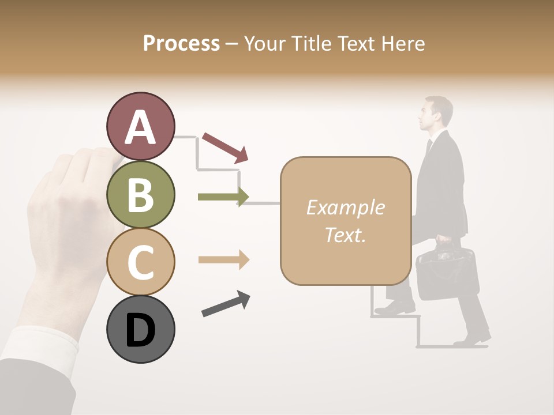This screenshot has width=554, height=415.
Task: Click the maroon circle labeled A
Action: pyautogui.click(x=140, y=127)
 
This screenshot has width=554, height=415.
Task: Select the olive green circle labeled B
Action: pyautogui.click(x=140, y=195)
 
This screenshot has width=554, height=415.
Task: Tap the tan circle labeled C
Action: pyautogui.click(x=140, y=262)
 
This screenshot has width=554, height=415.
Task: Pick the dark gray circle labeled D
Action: pyautogui.click(x=140, y=329)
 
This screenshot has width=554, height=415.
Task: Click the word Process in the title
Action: pyautogui.click(x=181, y=43)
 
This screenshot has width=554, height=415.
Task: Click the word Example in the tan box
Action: pyautogui.click(x=345, y=207)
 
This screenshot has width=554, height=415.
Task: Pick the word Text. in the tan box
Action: pyautogui.click(x=345, y=235)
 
